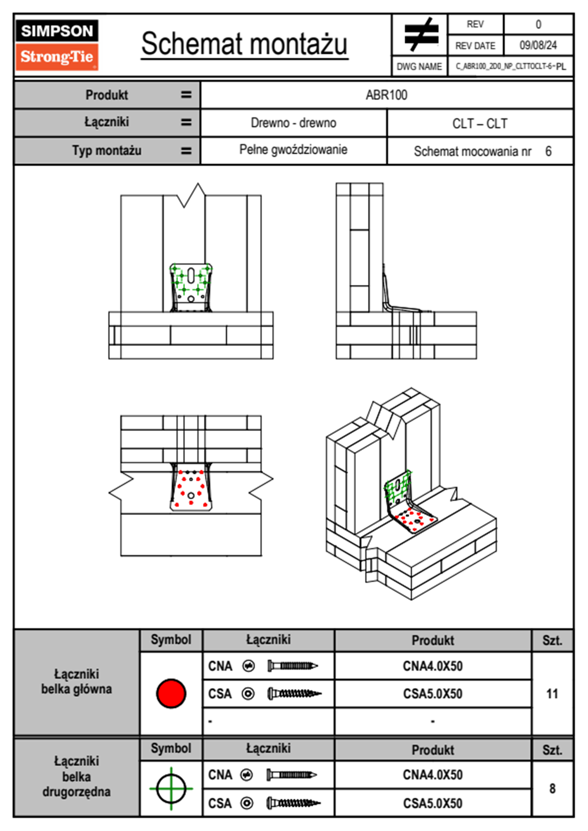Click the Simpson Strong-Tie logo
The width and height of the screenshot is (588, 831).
(x=57, y=44)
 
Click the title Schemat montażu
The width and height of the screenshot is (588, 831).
(x=245, y=44)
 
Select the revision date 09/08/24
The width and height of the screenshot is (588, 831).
(x=538, y=45)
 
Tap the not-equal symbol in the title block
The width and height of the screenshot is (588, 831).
(x=420, y=35)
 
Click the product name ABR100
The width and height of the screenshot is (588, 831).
(x=386, y=95)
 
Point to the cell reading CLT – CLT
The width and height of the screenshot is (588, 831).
(x=480, y=124)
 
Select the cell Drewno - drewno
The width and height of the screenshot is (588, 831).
(x=294, y=123)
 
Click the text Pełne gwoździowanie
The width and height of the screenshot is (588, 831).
(x=293, y=150)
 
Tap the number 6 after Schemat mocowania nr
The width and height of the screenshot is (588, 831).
(x=548, y=151)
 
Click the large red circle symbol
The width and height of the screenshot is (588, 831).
(x=171, y=693)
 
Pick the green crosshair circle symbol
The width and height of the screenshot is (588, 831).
(x=171, y=789)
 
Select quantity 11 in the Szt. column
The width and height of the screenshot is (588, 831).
(x=552, y=694)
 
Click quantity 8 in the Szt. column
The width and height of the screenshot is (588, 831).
(x=552, y=789)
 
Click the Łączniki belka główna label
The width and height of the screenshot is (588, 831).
(x=77, y=681)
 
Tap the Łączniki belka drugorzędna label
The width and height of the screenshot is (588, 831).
(x=77, y=776)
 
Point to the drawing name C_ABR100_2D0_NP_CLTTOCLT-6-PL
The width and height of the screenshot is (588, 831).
(x=510, y=66)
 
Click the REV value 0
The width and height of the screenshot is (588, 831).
(x=538, y=24)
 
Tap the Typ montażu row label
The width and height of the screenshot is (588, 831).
(x=107, y=150)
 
